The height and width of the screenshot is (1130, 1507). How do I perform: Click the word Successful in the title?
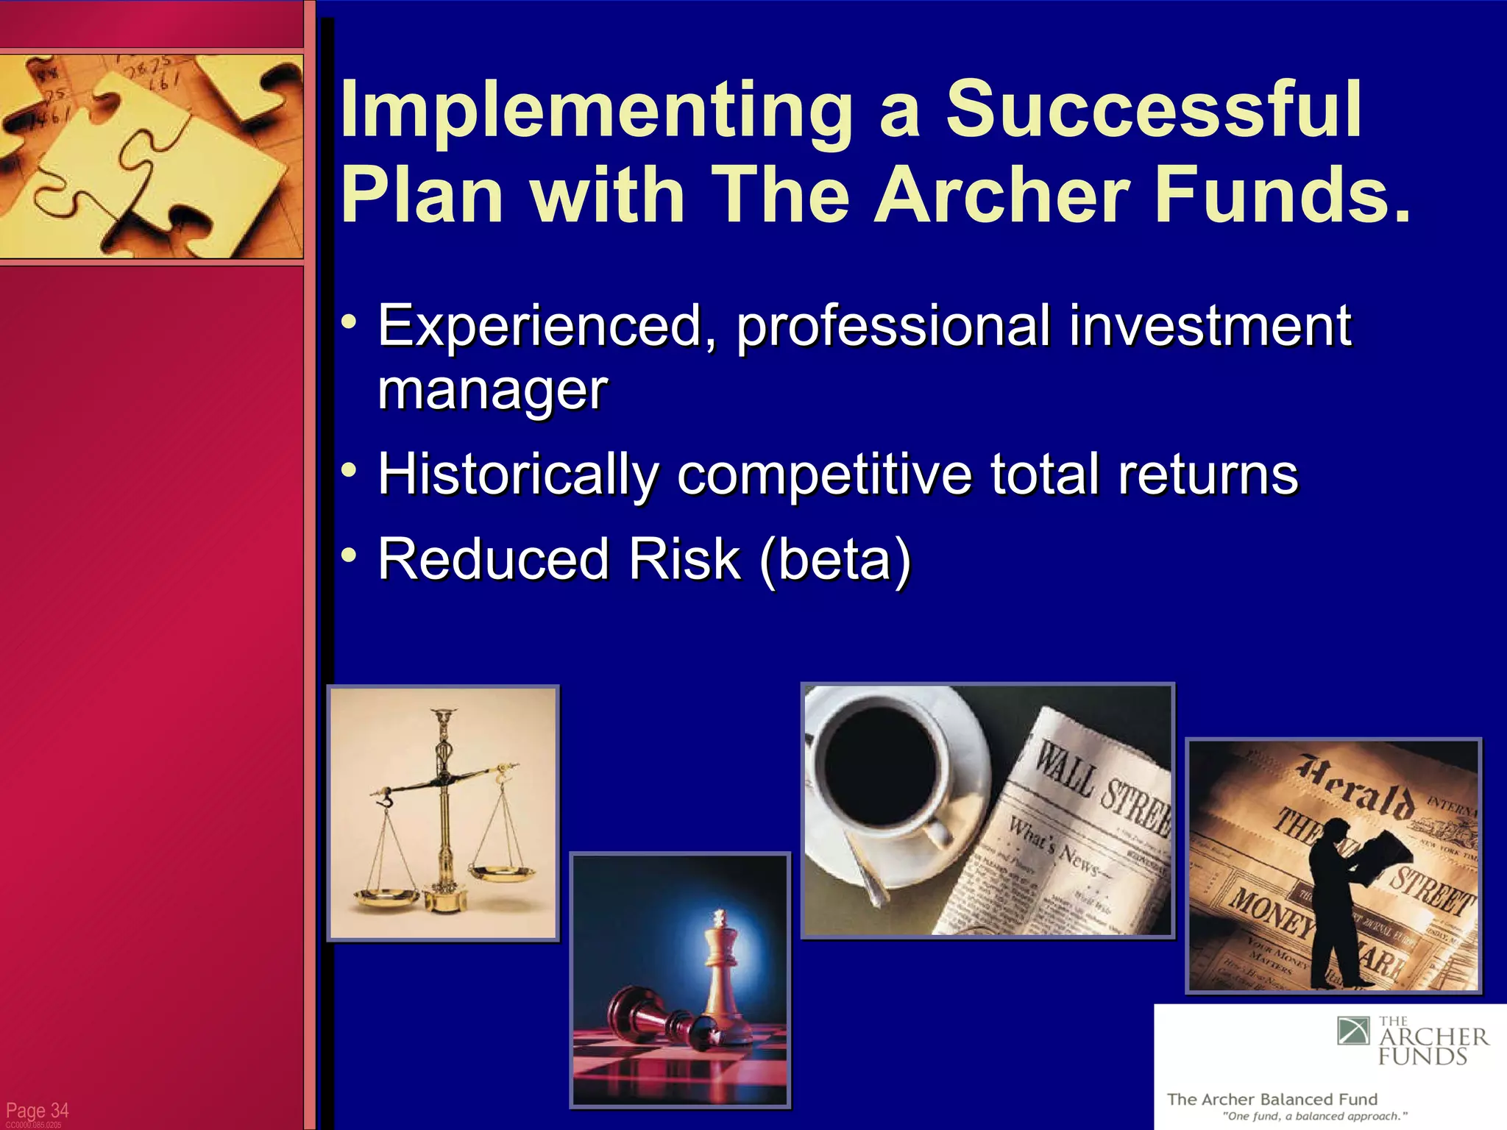click(1153, 110)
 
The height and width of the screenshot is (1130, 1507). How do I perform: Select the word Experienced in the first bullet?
click(540, 326)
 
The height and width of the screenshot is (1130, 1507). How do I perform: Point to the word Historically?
click(518, 475)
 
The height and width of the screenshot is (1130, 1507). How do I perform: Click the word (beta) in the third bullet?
click(835, 559)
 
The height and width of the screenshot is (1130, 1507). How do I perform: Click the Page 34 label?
click(37, 1110)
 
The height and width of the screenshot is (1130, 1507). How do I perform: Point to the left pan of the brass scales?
click(386, 895)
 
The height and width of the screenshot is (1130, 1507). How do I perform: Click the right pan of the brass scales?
click(503, 873)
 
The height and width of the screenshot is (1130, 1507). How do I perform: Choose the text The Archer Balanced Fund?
click(1272, 1099)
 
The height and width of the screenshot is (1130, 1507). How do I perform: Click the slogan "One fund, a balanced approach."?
click(1314, 1116)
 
